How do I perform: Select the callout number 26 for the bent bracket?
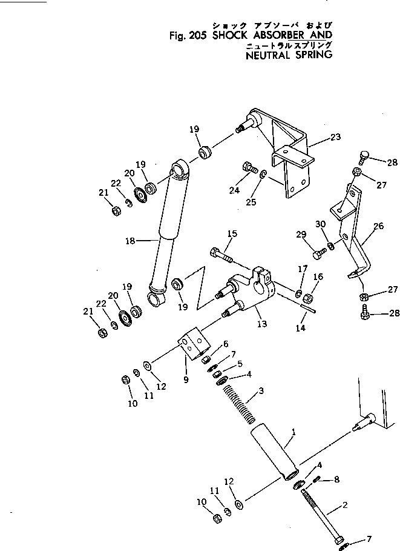tap(378, 227)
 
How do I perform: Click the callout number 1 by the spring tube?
tap(294, 433)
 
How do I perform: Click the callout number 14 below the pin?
tap(301, 328)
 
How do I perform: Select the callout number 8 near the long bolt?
tap(336, 479)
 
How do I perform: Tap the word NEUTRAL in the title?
tap(268, 54)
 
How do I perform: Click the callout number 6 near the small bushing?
tap(225, 344)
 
